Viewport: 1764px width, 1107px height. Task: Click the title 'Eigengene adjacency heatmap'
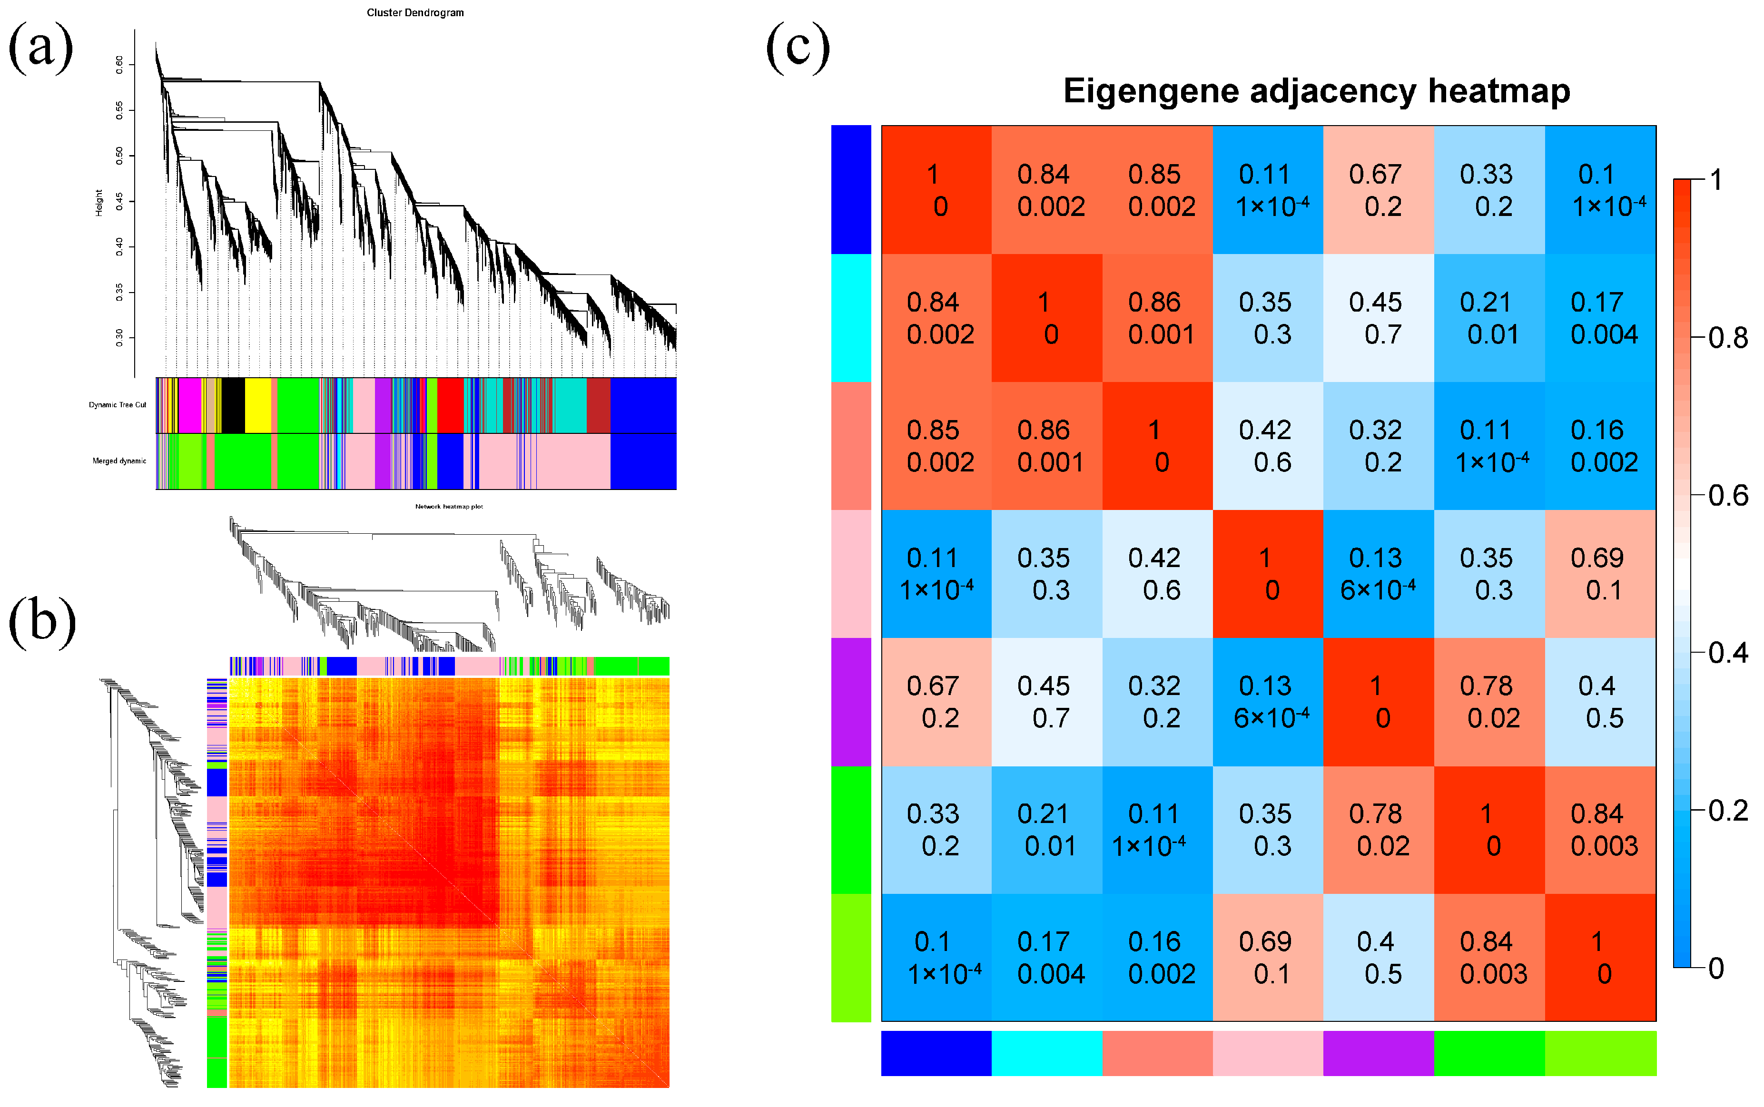pos(1316,91)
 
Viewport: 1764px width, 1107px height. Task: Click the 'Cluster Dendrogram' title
pos(415,12)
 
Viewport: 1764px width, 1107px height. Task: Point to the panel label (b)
pos(42,621)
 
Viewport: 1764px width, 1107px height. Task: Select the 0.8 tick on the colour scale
pos(1727,338)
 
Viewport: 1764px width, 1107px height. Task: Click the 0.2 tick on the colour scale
pos(1727,811)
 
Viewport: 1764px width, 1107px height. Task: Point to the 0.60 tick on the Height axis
pos(119,64)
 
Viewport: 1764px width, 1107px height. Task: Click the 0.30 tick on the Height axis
pos(119,337)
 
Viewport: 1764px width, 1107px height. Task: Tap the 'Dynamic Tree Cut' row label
pos(117,405)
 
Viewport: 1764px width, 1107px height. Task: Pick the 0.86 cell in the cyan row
pos(1157,318)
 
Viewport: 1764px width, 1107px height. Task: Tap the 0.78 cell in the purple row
pos(1488,701)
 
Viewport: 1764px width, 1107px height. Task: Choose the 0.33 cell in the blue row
pos(1488,190)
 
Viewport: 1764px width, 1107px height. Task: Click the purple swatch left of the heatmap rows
pos(851,701)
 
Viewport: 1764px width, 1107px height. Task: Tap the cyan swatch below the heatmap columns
pos(1046,1053)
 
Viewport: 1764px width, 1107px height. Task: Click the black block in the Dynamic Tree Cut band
pos(233,405)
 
